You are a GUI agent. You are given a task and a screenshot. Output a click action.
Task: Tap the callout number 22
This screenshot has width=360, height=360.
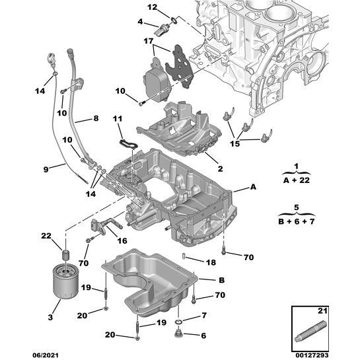[46, 236]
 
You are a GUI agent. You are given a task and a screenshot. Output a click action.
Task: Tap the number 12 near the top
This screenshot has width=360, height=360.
[152, 7]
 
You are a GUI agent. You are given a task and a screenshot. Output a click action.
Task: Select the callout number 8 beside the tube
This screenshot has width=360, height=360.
[95, 119]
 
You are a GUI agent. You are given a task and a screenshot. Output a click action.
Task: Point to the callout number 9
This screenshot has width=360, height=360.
[46, 169]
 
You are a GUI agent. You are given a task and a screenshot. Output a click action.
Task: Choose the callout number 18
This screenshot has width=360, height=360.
[210, 262]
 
